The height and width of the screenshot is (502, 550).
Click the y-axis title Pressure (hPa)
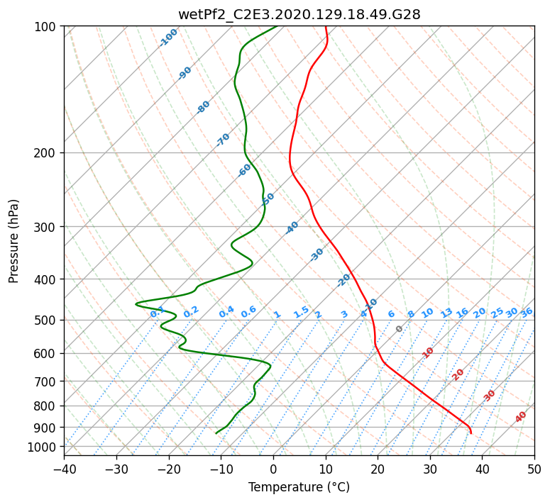click(x=14, y=240)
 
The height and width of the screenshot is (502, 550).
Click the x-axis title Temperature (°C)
click(x=299, y=487)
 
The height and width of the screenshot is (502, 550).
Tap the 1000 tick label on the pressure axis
click(x=44, y=447)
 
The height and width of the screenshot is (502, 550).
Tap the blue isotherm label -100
click(x=168, y=38)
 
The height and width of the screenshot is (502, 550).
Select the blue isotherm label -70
click(x=223, y=140)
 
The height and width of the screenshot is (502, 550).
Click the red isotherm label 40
click(x=521, y=417)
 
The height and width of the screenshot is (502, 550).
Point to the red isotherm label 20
click(x=458, y=374)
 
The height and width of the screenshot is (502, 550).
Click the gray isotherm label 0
click(x=400, y=329)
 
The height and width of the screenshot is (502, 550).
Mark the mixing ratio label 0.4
click(x=226, y=313)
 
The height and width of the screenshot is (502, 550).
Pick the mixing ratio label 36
click(x=527, y=312)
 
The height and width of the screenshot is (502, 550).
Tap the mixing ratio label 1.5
click(x=301, y=311)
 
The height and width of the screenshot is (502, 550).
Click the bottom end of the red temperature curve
click(x=471, y=433)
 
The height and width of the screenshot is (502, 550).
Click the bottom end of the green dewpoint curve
click(x=216, y=433)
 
